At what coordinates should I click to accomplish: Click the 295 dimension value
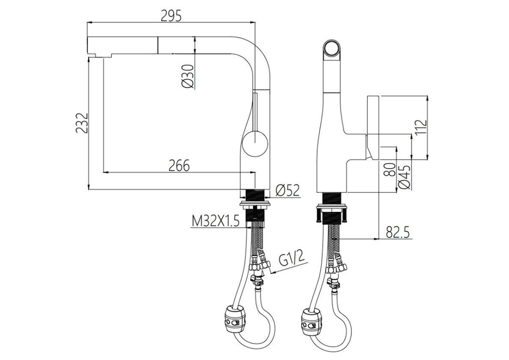pos(171,15)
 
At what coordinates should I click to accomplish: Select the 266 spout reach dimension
pos(179,166)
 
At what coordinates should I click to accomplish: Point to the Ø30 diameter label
pos(188,76)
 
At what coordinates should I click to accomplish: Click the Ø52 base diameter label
pos(288,190)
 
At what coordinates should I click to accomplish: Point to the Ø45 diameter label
pos(404,177)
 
